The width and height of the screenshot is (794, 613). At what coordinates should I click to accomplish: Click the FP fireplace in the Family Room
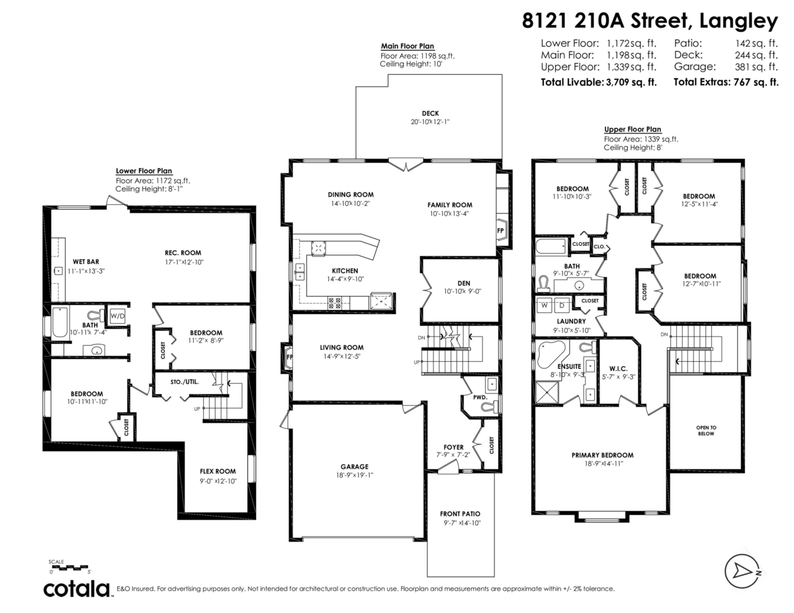click(x=501, y=231)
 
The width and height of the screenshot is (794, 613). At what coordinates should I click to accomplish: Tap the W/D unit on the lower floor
click(x=118, y=315)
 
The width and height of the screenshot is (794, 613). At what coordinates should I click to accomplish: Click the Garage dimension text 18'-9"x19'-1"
click(x=355, y=475)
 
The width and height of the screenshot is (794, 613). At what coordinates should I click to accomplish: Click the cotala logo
click(x=77, y=588)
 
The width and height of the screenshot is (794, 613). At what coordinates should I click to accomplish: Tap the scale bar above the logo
click(x=69, y=567)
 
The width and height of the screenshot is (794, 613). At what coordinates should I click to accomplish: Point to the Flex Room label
click(x=218, y=471)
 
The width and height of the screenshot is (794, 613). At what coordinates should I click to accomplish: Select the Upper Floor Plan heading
click(x=632, y=130)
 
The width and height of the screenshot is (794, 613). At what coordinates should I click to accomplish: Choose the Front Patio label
click(x=460, y=514)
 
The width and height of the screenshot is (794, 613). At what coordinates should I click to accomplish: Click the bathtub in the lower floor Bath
click(x=60, y=322)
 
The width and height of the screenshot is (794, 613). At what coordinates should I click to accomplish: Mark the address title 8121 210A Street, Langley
click(x=649, y=21)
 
